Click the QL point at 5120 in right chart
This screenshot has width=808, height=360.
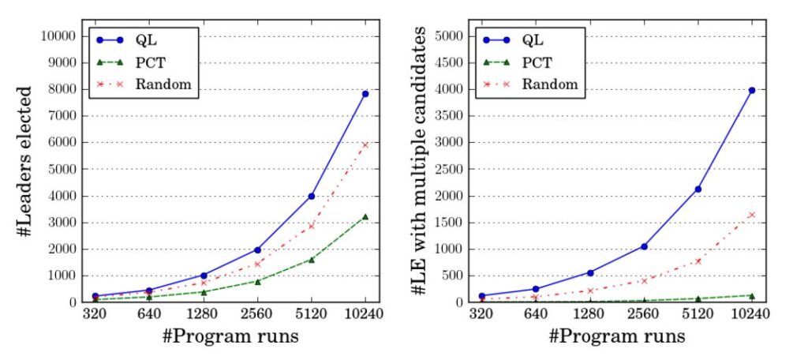pyautogui.click(x=698, y=189)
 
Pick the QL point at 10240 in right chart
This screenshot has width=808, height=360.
pyautogui.click(x=752, y=90)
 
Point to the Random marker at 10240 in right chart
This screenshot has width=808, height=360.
pyautogui.click(x=752, y=215)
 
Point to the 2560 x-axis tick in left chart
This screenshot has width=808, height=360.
pyautogui.click(x=258, y=314)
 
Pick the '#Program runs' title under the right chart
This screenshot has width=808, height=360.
pyautogui.click(x=618, y=337)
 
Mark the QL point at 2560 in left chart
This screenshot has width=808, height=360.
pyautogui.click(x=258, y=249)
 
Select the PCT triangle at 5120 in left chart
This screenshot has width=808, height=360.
pyautogui.click(x=312, y=259)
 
